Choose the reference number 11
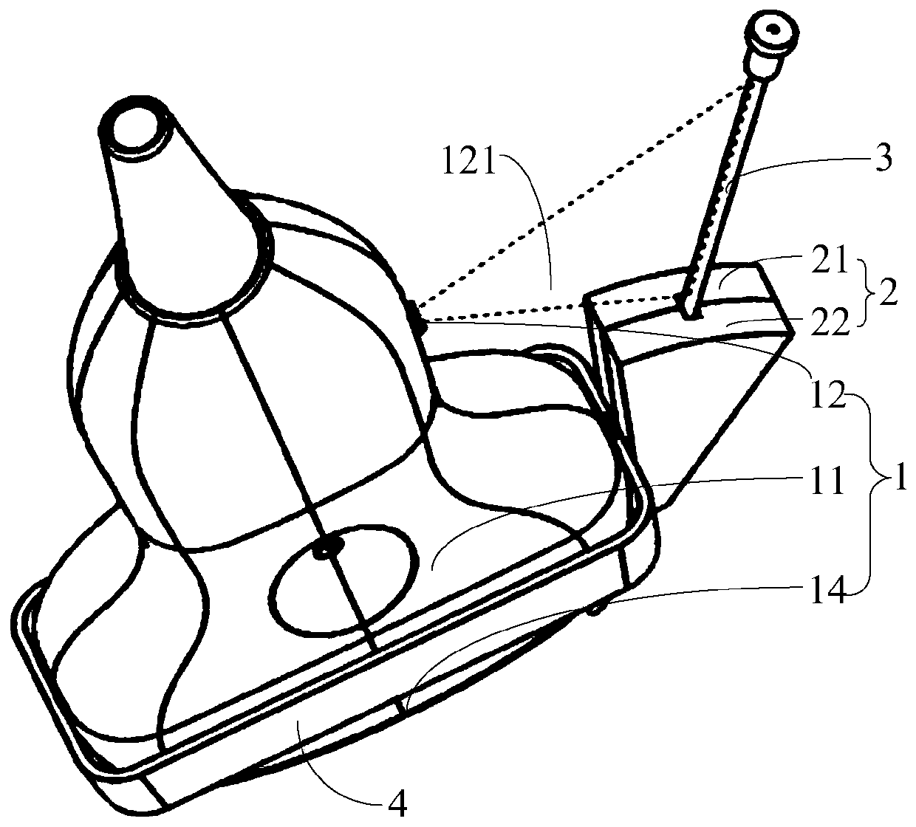(824, 483)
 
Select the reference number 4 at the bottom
(398, 797)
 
